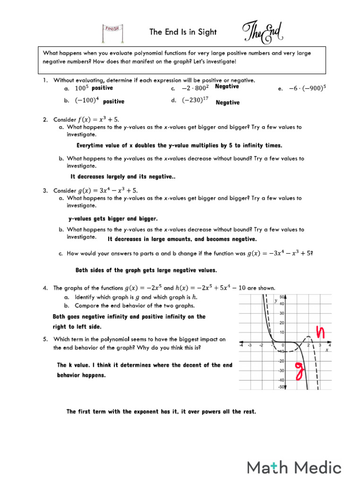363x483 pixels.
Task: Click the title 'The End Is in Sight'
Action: click(x=183, y=32)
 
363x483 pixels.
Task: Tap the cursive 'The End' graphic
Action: click(x=263, y=32)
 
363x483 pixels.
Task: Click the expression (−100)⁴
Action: click(x=87, y=101)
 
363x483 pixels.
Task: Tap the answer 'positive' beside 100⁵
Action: click(x=102, y=88)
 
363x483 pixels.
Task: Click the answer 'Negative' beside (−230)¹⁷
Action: click(x=227, y=102)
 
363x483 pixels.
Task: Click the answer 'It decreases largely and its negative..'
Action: click(x=123, y=176)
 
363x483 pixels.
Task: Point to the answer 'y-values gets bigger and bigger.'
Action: click(x=113, y=219)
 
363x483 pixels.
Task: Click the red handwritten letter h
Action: click(x=321, y=332)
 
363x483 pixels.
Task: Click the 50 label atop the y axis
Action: click(x=282, y=297)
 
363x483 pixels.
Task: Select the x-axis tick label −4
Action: click(x=241, y=345)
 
